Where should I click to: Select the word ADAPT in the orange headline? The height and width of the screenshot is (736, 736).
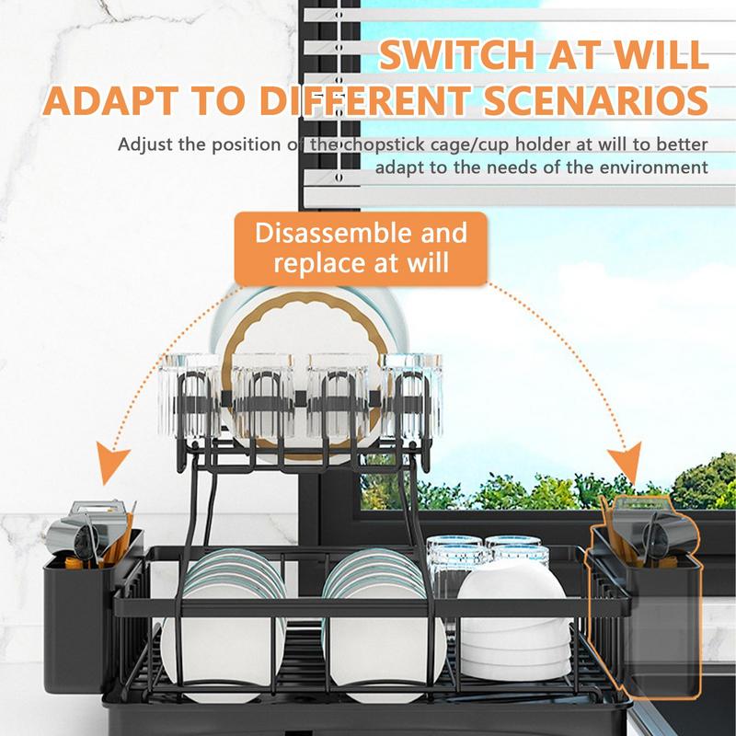click(109, 100)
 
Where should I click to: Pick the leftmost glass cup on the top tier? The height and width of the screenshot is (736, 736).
click(190, 397)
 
